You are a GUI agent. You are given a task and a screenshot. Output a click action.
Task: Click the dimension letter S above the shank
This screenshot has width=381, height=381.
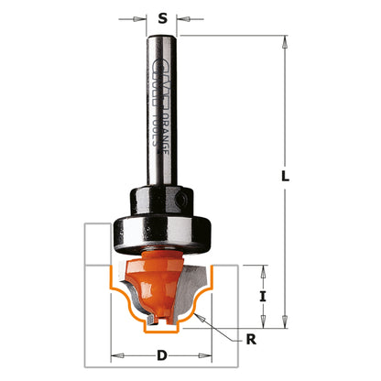click(162, 17)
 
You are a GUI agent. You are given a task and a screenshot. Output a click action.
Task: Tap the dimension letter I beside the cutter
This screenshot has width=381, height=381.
click(264, 296)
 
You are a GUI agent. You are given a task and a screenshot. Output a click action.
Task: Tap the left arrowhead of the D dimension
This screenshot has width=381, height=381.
click(114, 353)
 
